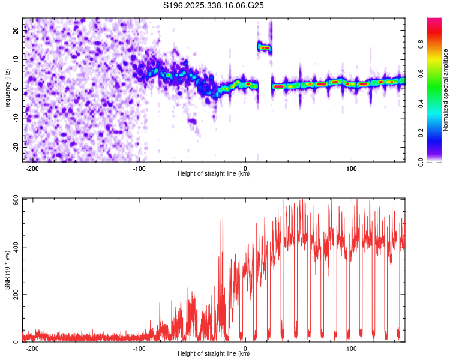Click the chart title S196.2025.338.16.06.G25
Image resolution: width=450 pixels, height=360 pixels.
(x=214, y=5)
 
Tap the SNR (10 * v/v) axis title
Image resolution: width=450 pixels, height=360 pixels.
(x=7, y=270)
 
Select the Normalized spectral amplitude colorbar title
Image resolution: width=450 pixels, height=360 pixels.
(x=446, y=90)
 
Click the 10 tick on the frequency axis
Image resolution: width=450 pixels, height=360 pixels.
(x=17, y=60)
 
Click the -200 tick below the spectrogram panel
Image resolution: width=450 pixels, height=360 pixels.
(x=33, y=168)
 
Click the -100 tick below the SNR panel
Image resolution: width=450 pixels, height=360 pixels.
(x=139, y=348)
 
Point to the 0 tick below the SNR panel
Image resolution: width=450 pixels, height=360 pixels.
(x=245, y=348)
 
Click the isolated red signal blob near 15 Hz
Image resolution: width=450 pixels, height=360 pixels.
(x=265, y=47)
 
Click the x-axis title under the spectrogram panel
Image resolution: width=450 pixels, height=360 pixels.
(x=214, y=174)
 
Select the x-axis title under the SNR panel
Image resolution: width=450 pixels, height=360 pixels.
(x=214, y=354)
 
